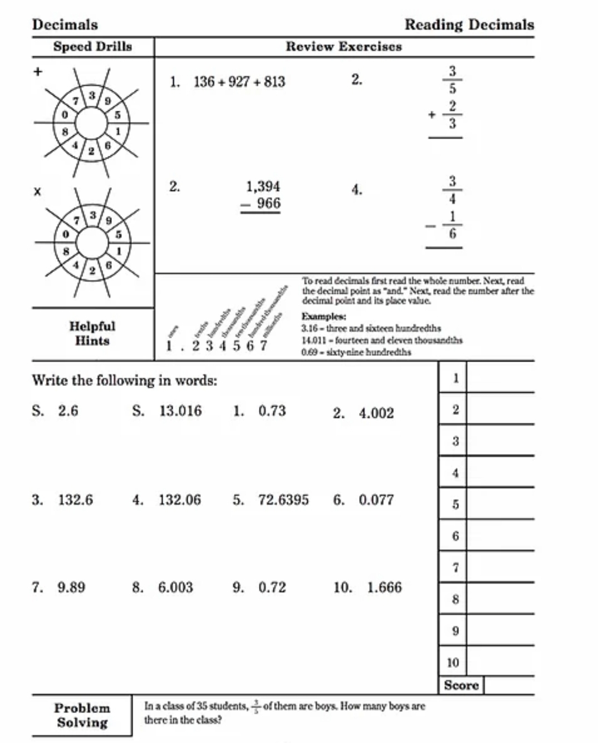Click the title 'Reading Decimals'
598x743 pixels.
click(469, 25)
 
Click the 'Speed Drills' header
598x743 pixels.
click(92, 47)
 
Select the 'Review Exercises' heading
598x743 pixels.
click(344, 47)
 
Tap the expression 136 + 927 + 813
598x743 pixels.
click(239, 82)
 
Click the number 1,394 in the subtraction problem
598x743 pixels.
click(263, 187)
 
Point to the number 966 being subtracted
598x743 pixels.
click(268, 203)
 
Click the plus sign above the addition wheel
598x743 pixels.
click(38, 71)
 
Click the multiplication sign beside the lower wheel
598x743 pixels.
click(37, 192)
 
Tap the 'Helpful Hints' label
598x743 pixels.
click(92, 333)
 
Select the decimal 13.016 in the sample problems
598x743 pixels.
click(180, 411)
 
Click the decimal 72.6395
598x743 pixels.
click(283, 500)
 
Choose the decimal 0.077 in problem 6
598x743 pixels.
click(376, 500)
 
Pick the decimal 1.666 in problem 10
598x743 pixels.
click(384, 588)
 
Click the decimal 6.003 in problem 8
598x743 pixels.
click(175, 588)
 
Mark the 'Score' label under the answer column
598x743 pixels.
click(461, 686)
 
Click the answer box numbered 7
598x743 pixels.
click(500, 568)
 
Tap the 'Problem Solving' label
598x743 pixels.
click(82, 716)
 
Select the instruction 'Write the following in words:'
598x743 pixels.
click(124, 380)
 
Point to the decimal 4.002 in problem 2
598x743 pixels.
click(376, 413)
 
